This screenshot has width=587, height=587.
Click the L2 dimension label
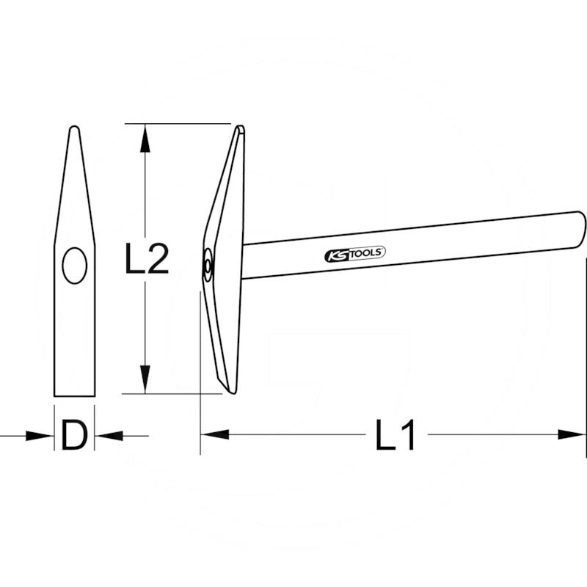(x=147, y=258)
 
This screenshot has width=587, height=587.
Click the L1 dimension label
(x=395, y=434)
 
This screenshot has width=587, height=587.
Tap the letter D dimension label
(x=74, y=435)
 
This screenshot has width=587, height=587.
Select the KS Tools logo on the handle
(x=355, y=254)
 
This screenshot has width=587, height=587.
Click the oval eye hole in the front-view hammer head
(x=75, y=266)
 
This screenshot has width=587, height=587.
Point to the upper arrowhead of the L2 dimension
(x=145, y=139)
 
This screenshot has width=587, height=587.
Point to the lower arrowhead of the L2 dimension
(x=145, y=379)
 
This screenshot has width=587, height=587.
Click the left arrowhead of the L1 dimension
(x=215, y=434)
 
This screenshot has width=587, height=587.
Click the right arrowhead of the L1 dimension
(x=572, y=434)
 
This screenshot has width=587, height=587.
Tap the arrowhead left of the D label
(x=40, y=436)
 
